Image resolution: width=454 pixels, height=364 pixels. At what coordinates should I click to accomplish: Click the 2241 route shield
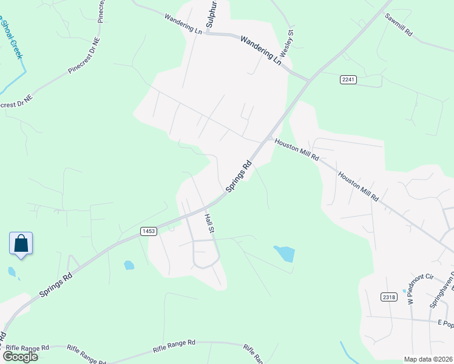click(348, 79)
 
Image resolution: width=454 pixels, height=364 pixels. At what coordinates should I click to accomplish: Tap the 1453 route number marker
click(149, 231)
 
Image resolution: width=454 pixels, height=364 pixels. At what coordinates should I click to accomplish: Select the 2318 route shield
click(389, 297)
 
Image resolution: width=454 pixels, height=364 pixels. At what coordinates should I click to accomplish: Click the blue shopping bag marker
click(21, 244)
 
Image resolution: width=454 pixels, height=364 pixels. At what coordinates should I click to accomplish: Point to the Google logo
click(20, 357)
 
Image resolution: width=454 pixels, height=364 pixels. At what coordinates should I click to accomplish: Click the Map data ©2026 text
click(427, 359)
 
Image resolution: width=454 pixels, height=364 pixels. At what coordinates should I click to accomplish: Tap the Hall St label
click(210, 223)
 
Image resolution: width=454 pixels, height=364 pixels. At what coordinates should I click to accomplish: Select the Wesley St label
click(291, 41)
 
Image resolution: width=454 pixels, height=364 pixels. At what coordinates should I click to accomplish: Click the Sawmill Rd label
click(398, 25)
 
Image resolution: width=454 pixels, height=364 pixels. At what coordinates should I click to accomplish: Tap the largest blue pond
click(284, 253)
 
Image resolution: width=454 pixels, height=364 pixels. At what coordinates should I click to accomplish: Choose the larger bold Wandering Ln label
click(261, 51)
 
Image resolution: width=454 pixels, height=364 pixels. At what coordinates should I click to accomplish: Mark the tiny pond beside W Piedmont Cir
click(404, 291)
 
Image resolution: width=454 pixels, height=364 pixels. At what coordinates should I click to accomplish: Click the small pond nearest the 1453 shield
click(129, 265)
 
